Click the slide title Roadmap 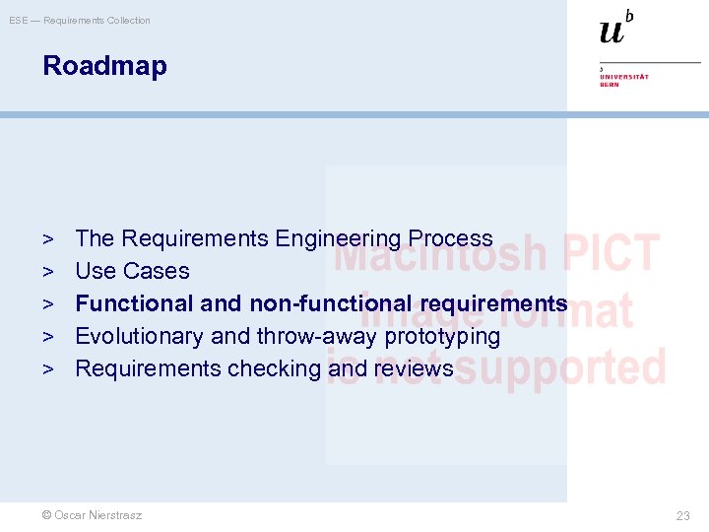pos(104,66)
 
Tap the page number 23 pos(683,515)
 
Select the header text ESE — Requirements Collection pos(80,20)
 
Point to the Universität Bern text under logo pos(623,80)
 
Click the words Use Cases pos(132,271)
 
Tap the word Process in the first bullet pos(450,238)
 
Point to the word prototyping pos(439,336)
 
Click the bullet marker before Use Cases pos(48,272)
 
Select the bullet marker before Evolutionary pos(48,337)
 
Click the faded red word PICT pos(610,253)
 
